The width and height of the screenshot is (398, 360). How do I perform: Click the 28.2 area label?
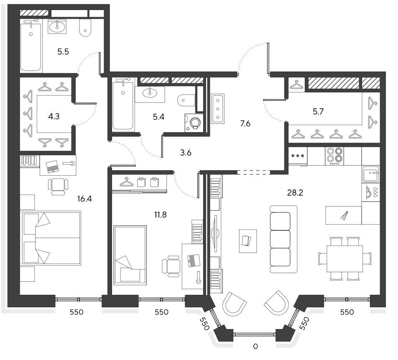[295, 193]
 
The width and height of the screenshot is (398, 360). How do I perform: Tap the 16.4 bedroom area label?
[84, 199]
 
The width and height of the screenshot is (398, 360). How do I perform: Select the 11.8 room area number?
[161, 215]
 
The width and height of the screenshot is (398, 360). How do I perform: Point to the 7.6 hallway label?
[245, 124]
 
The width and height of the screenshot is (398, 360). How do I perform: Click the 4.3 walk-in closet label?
[54, 116]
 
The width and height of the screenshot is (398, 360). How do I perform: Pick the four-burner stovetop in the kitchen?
[334, 156]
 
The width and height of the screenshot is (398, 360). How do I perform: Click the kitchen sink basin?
[371, 174]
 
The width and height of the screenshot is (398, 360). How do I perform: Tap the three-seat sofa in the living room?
[283, 239]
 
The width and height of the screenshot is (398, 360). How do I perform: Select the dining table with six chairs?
[344, 258]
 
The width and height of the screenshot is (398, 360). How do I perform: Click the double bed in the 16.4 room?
[51, 238]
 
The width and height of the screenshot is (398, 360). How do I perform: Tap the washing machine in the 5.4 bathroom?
[194, 123]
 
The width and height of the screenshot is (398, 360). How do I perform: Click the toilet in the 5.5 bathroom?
[85, 28]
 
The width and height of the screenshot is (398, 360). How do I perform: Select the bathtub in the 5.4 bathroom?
[123, 105]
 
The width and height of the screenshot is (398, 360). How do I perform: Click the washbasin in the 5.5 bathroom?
[57, 26]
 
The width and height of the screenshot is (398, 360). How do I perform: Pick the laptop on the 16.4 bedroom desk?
[53, 166]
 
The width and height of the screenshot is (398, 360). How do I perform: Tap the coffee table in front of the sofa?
[248, 241]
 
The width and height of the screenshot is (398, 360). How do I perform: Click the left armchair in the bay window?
[234, 304]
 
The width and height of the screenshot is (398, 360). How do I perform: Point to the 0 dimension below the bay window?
[255, 346]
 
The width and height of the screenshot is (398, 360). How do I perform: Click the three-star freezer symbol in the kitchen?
[298, 156]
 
